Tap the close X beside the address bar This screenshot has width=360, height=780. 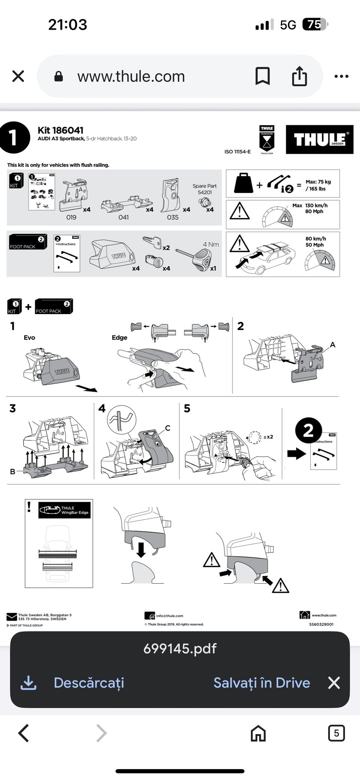point(18,76)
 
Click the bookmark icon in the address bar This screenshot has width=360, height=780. point(262,76)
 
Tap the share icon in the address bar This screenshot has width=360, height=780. point(299,76)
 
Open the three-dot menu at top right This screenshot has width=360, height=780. point(341,76)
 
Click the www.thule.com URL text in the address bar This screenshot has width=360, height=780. point(131,76)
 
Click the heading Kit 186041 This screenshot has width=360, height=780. point(60,130)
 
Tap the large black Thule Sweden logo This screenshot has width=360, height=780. point(319,139)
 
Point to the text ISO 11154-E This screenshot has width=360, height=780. point(237,152)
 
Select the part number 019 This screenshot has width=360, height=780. point(71,217)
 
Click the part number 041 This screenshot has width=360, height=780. point(123,217)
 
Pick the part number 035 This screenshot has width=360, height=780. point(172,217)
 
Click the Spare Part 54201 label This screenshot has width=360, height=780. point(204,189)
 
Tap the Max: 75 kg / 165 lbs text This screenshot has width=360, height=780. point(318,185)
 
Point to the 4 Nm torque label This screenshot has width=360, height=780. point(211,244)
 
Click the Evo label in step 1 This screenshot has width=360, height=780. point(29,338)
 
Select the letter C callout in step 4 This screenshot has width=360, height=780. point(168,428)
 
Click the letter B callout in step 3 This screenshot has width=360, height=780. point(12,472)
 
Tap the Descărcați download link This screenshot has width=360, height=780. point(88,683)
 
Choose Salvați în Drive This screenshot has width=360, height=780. point(261,683)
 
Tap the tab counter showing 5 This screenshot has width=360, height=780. point(336,733)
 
